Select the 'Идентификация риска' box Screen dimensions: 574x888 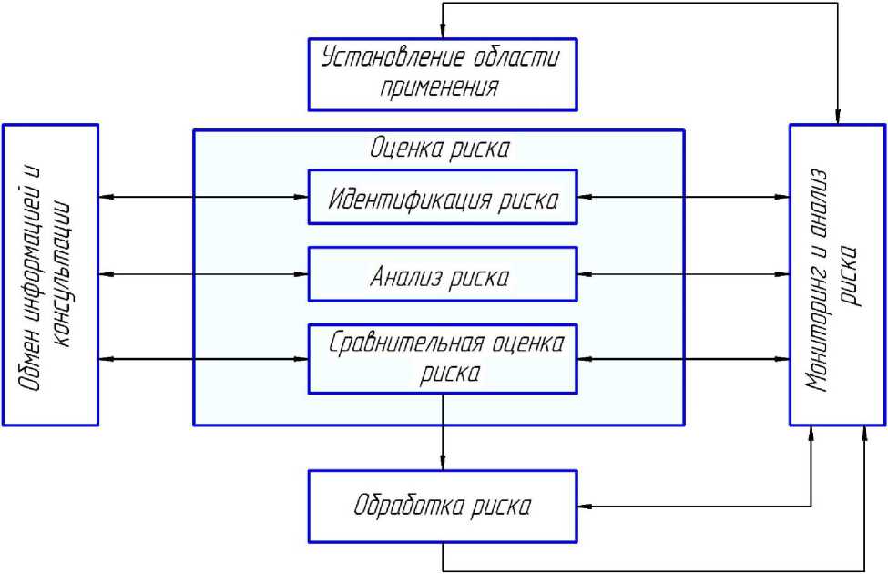point(443,196)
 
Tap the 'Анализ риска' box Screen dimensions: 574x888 point(443,273)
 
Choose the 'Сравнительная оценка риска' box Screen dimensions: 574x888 point(443,358)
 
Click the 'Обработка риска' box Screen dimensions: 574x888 point(443,504)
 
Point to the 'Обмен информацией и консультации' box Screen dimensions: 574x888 point(50,274)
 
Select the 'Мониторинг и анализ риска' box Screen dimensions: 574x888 point(837,274)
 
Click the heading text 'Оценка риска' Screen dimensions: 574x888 point(439,149)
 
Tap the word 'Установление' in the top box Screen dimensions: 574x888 point(392,59)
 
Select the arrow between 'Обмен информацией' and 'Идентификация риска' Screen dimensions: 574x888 point(203,196)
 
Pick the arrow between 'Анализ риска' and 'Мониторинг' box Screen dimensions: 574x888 point(683,273)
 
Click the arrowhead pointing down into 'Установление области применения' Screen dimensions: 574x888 point(443,33)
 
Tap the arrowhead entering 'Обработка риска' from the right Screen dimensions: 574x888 point(586,505)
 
